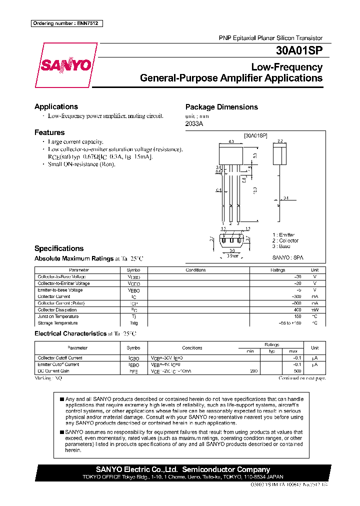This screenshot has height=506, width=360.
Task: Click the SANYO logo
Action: (x=66, y=65)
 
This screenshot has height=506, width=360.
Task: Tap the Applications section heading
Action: (x=56, y=106)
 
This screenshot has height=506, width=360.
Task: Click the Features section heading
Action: (x=49, y=132)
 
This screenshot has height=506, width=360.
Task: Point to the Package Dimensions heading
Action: (x=221, y=107)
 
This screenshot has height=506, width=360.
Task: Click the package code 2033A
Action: (x=194, y=123)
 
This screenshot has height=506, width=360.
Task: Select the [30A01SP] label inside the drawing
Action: (x=255, y=135)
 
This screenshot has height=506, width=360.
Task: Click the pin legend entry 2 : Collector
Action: (x=285, y=240)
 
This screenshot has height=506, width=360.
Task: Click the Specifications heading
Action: (x=59, y=248)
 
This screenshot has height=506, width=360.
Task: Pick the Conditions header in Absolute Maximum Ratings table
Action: (x=195, y=270)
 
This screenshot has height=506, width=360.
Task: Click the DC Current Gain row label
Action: (x=54, y=371)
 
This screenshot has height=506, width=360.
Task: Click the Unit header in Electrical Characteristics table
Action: (x=314, y=347)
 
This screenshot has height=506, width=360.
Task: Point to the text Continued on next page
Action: (x=302, y=378)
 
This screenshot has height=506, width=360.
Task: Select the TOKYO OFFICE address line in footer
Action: (x=182, y=477)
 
